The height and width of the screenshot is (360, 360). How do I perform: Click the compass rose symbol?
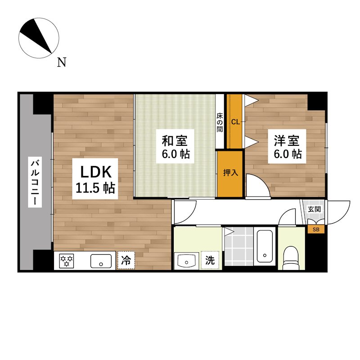(x=40, y=38)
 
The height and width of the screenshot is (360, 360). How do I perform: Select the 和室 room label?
(x=175, y=139)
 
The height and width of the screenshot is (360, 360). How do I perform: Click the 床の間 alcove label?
(x=220, y=121)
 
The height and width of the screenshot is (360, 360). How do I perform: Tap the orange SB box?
(x=316, y=229)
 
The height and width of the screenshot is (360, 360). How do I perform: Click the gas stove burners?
(x=67, y=261)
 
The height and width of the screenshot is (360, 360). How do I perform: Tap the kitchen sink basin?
(x=102, y=261)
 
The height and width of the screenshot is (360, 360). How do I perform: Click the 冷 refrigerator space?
(x=126, y=261)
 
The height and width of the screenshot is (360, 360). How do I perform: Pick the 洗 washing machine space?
(x=210, y=260)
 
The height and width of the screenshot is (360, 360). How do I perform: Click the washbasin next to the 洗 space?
(x=185, y=261)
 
